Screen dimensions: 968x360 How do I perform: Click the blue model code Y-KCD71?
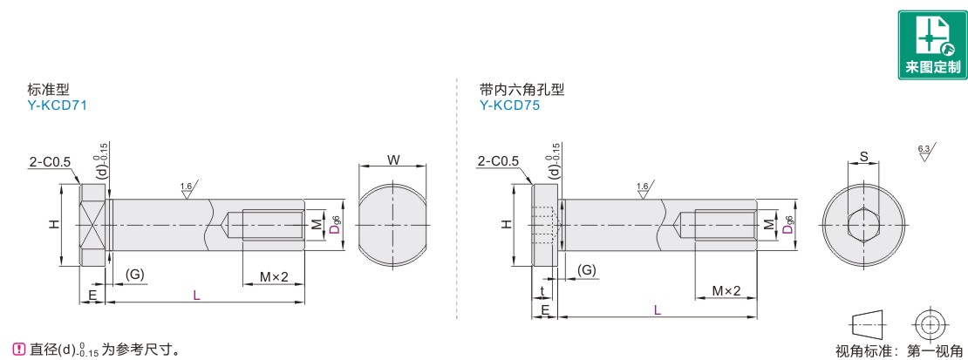click(x=58, y=105)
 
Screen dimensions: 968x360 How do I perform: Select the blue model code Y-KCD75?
click(x=510, y=105)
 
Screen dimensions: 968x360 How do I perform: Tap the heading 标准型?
click(x=44, y=90)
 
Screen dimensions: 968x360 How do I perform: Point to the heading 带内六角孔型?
click(x=521, y=90)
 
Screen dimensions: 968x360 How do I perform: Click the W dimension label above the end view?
click(x=393, y=160)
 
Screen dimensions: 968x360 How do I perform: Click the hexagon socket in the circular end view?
click(x=863, y=225)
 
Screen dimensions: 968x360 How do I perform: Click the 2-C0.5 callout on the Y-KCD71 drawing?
click(x=50, y=162)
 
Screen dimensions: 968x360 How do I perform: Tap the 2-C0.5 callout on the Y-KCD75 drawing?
click(x=499, y=162)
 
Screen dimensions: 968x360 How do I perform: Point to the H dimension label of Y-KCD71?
click(x=54, y=225)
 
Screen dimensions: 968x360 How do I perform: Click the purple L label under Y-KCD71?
click(x=196, y=295)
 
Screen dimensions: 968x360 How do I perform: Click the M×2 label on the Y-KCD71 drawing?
click(x=274, y=276)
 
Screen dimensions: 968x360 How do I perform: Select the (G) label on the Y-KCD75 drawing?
click(x=587, y=270)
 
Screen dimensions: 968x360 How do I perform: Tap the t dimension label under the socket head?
click(x=542, y=291)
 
